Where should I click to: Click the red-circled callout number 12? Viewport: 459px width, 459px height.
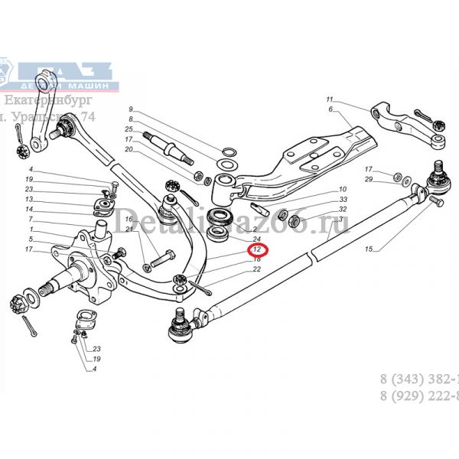coord(257,249)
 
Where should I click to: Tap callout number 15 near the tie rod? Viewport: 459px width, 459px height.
coord(369,249)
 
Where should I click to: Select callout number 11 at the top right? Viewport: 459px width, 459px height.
coord(330,100)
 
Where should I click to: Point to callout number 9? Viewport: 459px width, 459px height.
coord(131,109)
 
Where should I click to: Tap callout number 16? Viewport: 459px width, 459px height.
coord(129,219)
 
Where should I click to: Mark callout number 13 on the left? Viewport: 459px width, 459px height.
coord(28,199)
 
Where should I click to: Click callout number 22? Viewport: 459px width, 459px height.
coord(257,269)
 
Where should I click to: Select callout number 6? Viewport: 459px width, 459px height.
coord(331,110)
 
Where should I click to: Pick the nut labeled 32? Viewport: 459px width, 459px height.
coord(282,213)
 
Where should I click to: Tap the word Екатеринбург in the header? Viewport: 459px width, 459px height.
coord(47,100)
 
